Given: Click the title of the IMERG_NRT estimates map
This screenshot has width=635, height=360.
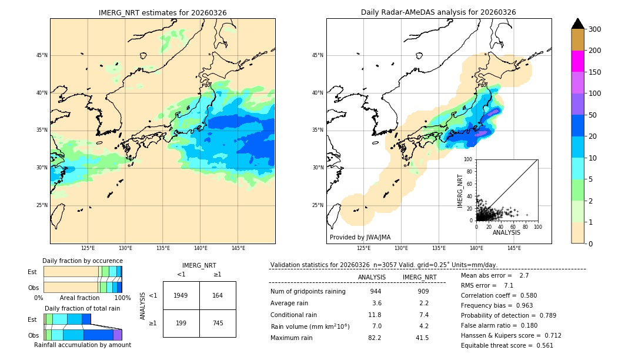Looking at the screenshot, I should click(162, 12).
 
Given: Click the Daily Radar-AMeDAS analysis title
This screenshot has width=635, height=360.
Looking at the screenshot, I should click(438, 12).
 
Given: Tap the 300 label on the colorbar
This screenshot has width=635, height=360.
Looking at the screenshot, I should click(594, 29).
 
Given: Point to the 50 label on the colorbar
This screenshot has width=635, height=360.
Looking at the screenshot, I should click(593, 115).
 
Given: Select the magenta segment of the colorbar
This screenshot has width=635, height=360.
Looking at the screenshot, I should click(577, 61).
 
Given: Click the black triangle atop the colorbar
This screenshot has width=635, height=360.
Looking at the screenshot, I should click(577, 24).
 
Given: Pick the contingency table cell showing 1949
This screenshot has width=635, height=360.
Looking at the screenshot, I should click(181, 295).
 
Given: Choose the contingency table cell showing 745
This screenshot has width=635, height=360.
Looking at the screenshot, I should click(218, 323).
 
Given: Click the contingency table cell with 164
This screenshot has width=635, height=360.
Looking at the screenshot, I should click(218, 295).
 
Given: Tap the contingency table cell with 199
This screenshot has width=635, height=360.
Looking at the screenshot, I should click(181, 323).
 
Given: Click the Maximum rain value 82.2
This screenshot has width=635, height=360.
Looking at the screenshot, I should click(375, 338).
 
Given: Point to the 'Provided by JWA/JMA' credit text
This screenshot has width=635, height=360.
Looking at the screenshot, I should click(360, 237).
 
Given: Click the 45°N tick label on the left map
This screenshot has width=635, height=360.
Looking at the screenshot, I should click(42, 55).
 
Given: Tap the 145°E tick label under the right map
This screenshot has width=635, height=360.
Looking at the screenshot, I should click(514, 248).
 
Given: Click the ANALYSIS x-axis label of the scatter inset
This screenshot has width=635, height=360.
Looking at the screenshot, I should click(506, 232).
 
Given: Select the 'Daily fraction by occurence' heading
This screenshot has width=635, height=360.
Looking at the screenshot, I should click(82, 261).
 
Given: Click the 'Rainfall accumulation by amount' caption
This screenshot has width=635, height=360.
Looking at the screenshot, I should click(82, 345).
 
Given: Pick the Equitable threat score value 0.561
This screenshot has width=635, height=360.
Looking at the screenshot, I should click(540, 345).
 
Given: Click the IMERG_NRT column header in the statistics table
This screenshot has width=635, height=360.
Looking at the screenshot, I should click(419, 277).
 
